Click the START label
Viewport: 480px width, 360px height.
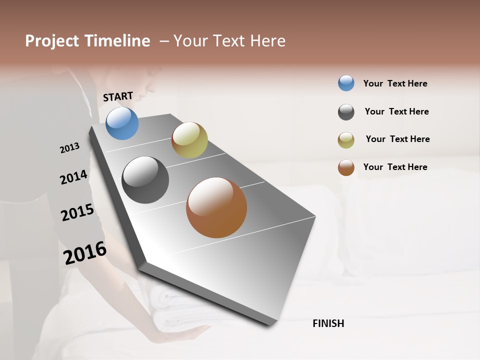coord(118,96)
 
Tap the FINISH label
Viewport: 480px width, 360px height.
coord(328,323)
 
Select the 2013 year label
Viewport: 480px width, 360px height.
coord(69,147)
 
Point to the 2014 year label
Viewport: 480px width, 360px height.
coord(73,177)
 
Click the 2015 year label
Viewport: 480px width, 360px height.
coord(77,212)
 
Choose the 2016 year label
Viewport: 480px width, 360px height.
coord(85,252)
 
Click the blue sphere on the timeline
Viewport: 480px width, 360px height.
coord(122,123)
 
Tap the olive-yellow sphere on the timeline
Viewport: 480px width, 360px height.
coord(189,140)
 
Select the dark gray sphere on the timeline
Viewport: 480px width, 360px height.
coord(145,180)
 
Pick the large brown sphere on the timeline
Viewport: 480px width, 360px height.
coord(216,207)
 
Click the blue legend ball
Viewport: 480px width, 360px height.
coord(346,83)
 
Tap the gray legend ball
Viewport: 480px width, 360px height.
coord(346,112)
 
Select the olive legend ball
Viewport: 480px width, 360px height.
coord(346,140)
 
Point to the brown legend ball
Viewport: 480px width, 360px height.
coord(346,167)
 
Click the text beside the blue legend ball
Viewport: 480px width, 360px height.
coord(395,83)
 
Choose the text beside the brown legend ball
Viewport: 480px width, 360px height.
coord(395,167)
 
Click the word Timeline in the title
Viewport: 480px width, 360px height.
coord(117,41)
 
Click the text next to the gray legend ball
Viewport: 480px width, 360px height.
coord(396,111)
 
